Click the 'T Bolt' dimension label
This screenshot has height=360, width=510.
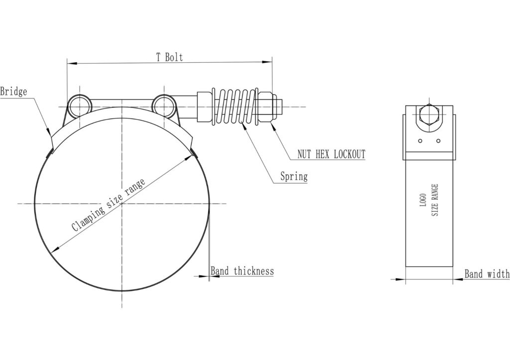tap(169, 57)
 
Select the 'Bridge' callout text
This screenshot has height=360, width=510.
tap(13, 92)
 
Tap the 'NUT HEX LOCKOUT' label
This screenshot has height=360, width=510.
tap(331, 154)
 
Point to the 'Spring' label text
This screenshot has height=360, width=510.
tap(293, 176)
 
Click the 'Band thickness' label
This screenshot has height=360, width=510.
tap(242, 271)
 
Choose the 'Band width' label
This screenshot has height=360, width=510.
tap(487, 274)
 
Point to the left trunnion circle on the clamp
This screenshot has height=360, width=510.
tap(79, 106)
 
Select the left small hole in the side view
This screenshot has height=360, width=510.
tap(421, 141)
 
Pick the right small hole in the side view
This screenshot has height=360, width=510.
tap(438, 141)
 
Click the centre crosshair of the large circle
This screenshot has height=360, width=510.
tap(122, 203)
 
